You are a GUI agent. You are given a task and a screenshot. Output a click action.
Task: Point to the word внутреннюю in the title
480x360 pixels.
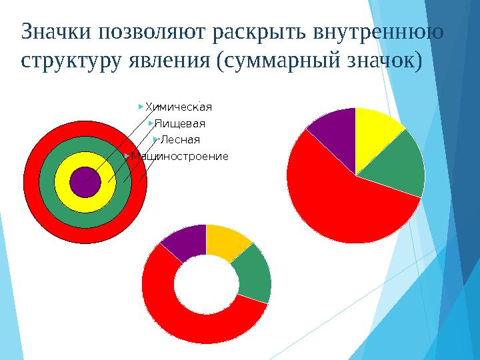pos(381,31)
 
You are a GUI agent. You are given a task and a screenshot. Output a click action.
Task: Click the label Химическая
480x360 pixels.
pos(179,106)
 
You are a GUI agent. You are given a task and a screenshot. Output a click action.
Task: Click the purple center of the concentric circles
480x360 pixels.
pos(85,181)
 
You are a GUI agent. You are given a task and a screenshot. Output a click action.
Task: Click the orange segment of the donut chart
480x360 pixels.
pos(227,241)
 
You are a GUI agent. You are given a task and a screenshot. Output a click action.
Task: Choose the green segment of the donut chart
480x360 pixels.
pos(254,274)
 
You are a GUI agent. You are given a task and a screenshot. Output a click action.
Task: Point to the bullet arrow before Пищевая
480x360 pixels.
pos(151,123)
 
